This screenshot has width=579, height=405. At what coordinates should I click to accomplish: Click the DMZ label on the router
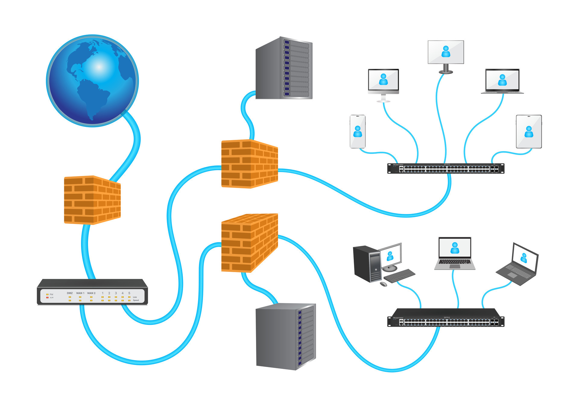tap(70, 293)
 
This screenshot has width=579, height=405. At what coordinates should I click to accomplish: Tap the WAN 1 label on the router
tap(80, 293)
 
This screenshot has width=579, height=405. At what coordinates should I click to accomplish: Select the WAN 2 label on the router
tap(91, 293)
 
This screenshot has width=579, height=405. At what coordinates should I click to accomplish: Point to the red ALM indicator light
tap(47, 297)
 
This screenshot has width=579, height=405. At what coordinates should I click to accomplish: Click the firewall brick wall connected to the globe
tap(92, 200)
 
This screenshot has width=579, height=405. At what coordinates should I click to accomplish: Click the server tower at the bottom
tap(285, 337)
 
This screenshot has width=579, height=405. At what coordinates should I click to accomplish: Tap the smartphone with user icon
tap(358, 132)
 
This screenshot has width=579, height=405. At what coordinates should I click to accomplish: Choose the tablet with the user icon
tap(529, 132)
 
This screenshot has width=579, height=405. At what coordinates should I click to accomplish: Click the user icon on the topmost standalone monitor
tap(446, 52)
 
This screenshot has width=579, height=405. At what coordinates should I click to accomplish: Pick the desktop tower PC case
tap(367, 264)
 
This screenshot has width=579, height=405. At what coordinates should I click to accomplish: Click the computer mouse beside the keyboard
tap(383, 284)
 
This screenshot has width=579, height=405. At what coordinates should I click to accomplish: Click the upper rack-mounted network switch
tap(446, 168)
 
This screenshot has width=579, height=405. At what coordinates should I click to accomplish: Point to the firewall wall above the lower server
tap(249, 243)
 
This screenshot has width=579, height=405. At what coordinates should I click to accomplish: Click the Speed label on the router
tap(136, 300)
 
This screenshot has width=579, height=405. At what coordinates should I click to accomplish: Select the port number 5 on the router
tap(129, 293)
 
